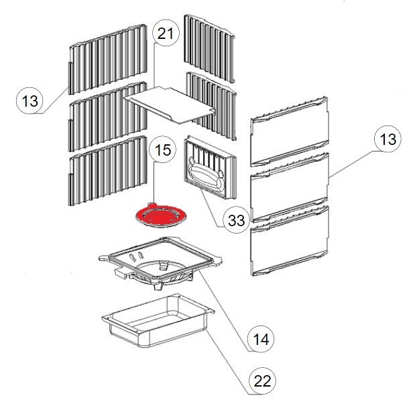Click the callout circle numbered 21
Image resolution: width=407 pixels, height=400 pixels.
pos(166,34)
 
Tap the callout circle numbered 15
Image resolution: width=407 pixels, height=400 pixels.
pos(163,150)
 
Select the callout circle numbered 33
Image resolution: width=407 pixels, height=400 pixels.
pos(236,220)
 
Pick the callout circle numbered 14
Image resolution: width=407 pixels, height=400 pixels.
pos(261,339)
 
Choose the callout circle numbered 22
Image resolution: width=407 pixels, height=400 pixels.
pos(262,381)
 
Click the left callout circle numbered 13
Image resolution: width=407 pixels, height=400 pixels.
pos(30,101)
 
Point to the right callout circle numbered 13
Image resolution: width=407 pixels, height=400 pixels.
pos(388,139)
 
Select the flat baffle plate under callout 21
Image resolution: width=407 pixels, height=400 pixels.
pos(170,105)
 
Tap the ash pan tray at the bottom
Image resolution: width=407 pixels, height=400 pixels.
pos(158,321)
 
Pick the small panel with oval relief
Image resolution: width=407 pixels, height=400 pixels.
pos(210,168)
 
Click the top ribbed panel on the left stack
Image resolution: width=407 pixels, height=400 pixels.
pos(108,60)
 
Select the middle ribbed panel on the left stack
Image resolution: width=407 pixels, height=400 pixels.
pos(108,117)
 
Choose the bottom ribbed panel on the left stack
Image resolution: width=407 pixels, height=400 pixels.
pos(108,170)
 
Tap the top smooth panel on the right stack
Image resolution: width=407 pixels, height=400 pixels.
pos(290,132)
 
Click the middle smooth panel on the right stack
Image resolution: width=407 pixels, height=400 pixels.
pos(290,187)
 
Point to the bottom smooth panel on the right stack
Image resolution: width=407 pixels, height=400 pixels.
pos(290,240)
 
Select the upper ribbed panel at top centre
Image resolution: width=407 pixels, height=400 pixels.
pos(209,48)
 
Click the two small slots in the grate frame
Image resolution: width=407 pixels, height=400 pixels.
pos(136,256)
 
